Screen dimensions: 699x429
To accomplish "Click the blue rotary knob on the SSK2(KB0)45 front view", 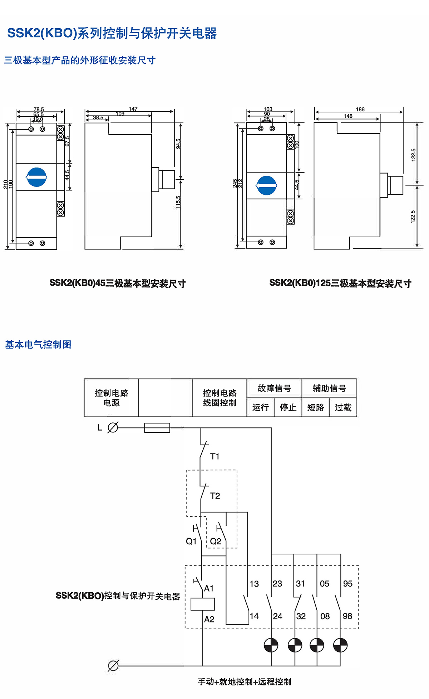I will [x=37, y=177].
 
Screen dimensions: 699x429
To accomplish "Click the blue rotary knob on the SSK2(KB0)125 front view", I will [x=267, y=185].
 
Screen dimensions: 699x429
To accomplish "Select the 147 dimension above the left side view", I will [x=133, y=109].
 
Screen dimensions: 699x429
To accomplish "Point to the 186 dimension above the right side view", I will [x=360, y=109].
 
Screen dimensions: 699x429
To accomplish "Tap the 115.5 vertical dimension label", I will [x=178, y=202].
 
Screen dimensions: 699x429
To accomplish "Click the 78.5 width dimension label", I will [x=39, y=109].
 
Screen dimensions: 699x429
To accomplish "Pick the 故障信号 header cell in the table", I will [x=274, y=388].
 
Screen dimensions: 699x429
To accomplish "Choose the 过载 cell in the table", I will [x=343, y=407].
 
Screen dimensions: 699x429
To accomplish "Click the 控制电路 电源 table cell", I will [x=111, y=398].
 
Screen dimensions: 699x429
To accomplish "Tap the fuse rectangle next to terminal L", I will [x=157, y=428].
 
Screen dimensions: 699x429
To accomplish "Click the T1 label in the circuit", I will [x=215, y=456].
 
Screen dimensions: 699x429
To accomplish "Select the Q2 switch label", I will [x=216, y=541].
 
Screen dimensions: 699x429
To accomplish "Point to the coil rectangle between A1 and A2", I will [x=203, y=604].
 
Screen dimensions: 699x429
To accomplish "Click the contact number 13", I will [x=254, y=584].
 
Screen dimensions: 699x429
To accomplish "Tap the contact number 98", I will [x=347, y=616].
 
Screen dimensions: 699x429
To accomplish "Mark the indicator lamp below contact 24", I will [x=271, y=645].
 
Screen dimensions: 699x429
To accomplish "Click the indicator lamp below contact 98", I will [x=340, y=645].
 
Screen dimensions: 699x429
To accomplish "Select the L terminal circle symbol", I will [x=113, y=427].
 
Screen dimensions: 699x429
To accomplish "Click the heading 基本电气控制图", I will [x=38, y=344].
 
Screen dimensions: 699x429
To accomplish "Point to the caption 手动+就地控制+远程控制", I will [x=245, y=681].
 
